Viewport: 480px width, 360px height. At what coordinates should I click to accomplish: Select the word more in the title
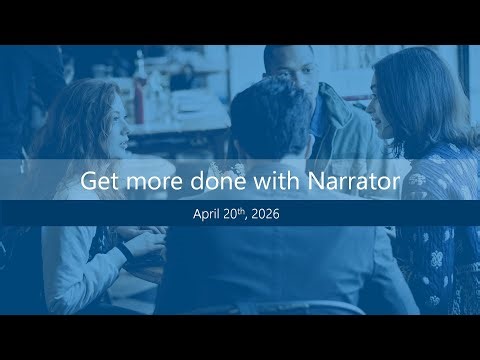click(150, 182)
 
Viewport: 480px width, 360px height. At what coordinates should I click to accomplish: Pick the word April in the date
click(210, 213)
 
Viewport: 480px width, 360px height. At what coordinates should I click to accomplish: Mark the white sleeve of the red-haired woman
click(80, 260)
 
